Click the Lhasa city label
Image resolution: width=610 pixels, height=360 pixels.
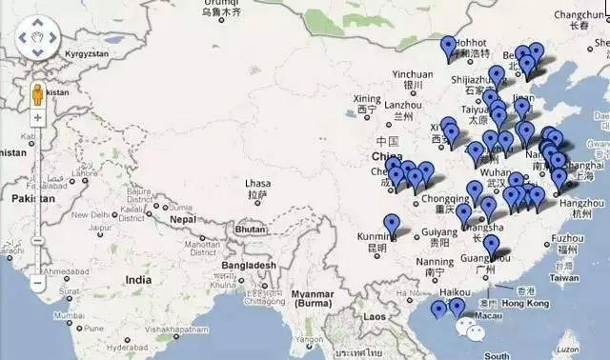tap(257, 183)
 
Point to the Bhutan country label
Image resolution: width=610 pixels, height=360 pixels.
tap(250, 230)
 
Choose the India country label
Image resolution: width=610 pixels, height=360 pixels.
tap(137, 280)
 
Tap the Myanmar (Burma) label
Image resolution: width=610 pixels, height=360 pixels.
tap(316, 298)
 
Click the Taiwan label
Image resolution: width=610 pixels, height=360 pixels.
tap(564, 277)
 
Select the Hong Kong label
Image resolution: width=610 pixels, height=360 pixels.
tap(524, 303)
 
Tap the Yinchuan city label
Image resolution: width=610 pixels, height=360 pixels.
tap(412, 74)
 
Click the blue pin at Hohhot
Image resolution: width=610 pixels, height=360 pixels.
tap(449, 46)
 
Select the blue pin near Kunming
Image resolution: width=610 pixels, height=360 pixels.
tap(392, 225)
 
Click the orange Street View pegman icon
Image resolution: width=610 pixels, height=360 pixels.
tap(37, 95)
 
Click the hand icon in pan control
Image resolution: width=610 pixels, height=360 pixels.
tap(37, 38)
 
